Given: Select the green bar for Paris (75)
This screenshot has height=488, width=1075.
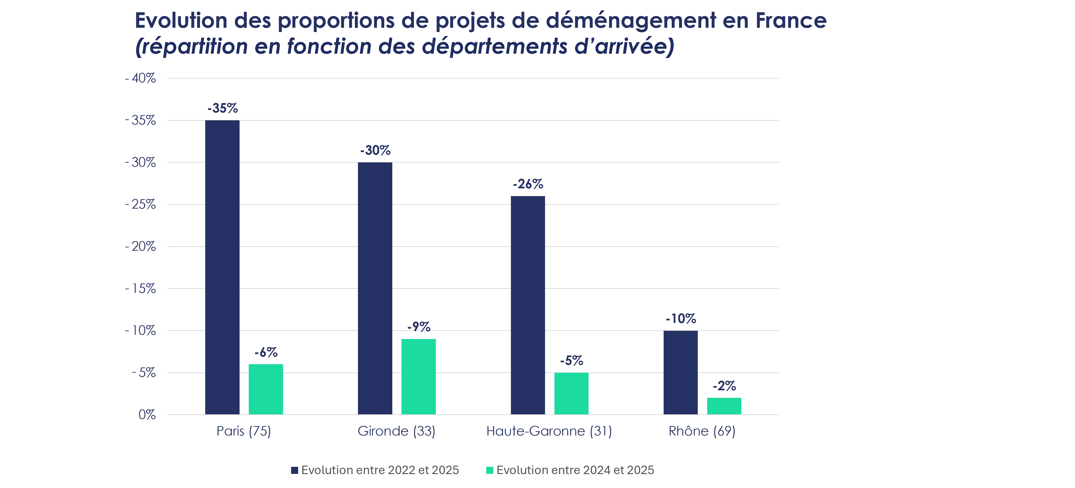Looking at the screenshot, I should [x=266, y=389].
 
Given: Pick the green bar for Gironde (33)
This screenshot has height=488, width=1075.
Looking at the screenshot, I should [x=419, y=377].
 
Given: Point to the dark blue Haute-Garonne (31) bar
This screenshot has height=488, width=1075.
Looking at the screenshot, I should [x=528, y=305].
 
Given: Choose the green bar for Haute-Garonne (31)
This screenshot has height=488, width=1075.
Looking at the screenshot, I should [x=571, y=394].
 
